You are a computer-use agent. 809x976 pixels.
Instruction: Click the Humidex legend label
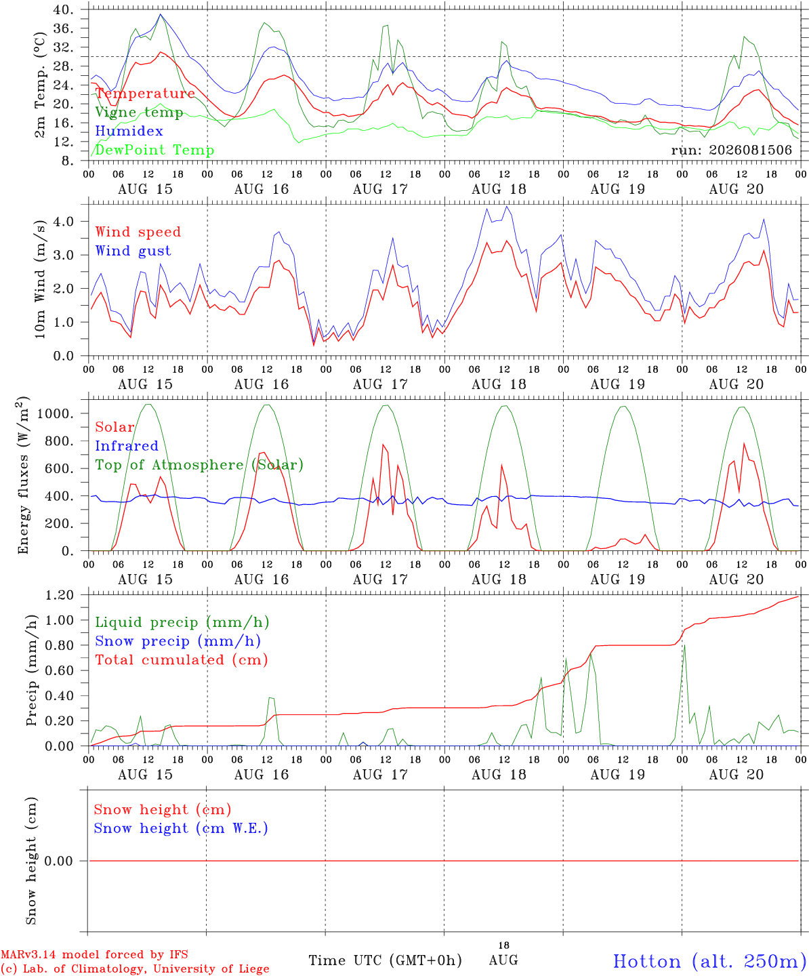pyautogui.click(x=129, y=131)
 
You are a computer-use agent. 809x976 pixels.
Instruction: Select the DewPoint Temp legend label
pyautogui.click(x=154, y=150)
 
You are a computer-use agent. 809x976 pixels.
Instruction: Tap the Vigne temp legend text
pyautogui.click(x=139, y=113)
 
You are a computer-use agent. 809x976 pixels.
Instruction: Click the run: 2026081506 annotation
pyautogui.click(x=731, y=150)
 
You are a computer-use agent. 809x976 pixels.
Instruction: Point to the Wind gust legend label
pyautogui.click(x=133, y=251)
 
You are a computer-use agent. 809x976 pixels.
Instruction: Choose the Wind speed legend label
pyautogui.click(x=138, y=232)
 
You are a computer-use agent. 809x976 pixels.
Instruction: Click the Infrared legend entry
pyautogui.click(x=127, y=445)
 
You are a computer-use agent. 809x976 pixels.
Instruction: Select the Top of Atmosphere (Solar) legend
pyautogui.click(x=200, y=465)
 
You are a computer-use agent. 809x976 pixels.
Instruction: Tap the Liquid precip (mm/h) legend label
pyautogui.click(x=182, y=622)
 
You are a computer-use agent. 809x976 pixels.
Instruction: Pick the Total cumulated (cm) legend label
pyautogui.click(x=182, y=659)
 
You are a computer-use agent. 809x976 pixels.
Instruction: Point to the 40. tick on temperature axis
pyautogui.click(x=63, y=9)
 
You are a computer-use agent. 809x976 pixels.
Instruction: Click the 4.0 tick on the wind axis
pyautogui.click(x=64, y=221)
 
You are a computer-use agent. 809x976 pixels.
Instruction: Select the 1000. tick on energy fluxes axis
pyautogui.click(x=56, y=413)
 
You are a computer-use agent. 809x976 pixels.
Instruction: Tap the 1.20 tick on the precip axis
pyautogui.click(x=60, y=595)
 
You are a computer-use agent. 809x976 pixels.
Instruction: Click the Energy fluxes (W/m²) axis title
pyautogui.click(x=23, y=475)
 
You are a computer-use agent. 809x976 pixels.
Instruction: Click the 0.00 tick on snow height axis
pyautogui.click(x=59, y=861)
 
